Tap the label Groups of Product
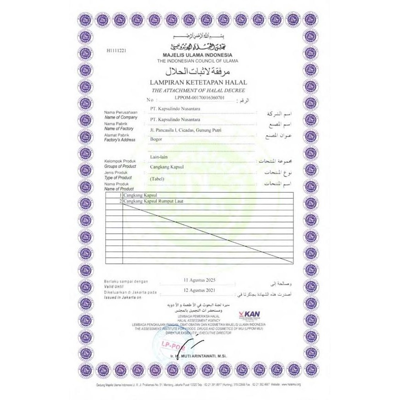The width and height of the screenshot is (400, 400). click(x=120, y=165)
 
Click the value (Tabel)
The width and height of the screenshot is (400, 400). click(x=157, y=179)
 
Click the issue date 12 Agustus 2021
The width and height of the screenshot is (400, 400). click(x=199, y=291)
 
